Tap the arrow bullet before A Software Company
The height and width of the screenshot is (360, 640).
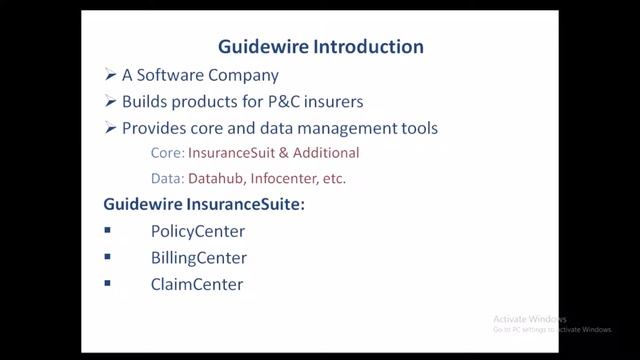(110, 75)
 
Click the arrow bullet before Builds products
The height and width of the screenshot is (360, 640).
(110, 101)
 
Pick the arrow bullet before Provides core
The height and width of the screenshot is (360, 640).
(110, 128)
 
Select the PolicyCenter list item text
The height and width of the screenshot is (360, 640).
(198, 232)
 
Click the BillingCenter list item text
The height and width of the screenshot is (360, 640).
(198, 258)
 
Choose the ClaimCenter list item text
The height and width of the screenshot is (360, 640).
(196, 284)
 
